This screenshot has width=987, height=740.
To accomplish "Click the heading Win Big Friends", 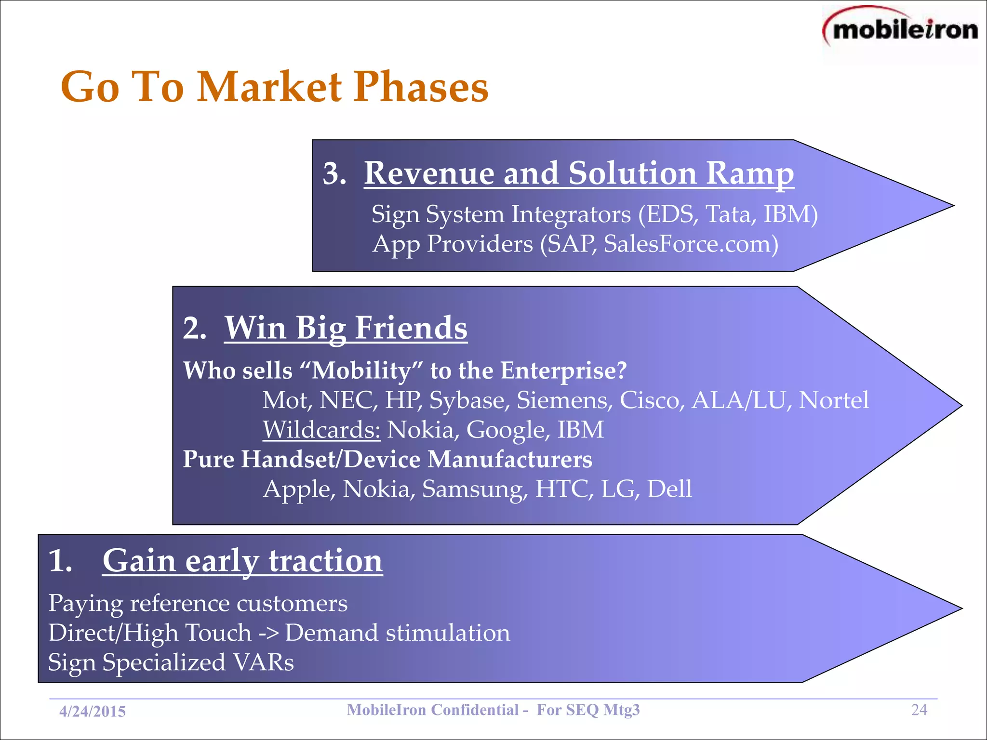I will pos(346,328).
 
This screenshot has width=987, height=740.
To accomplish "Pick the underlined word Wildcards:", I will pos(321,430).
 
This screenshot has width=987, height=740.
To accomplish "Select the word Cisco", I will pos(652,400).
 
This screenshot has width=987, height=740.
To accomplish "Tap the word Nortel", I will pos(834,400).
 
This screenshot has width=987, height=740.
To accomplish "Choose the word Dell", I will pos(669,489).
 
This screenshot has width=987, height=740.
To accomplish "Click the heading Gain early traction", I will pos(242,561).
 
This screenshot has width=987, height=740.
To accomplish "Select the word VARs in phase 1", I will pos(264,662).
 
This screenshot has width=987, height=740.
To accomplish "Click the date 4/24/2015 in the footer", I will pos(93,712).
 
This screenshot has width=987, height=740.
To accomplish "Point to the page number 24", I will pos(919,710).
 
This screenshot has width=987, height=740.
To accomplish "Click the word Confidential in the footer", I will pos(474,710).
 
